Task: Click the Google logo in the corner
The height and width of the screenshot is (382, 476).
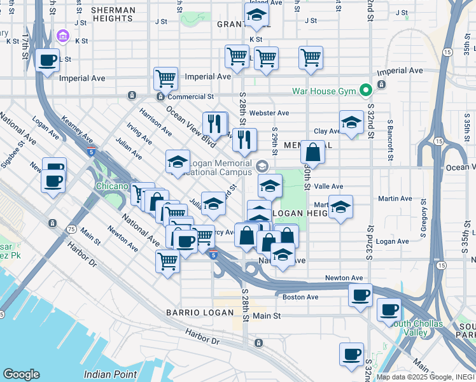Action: pyautogui.click(x=21, y=374)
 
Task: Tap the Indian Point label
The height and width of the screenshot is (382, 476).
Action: pyautogui.click(x=112, y=373)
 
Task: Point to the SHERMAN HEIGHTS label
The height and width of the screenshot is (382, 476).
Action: pyautogui.click(x=113, y=15)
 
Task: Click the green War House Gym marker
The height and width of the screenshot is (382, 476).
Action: pyautogui.click(x=366, y=91)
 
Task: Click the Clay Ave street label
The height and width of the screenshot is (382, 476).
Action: pyautogui.click(x=327, y=131)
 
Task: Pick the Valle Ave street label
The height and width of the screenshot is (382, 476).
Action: pyautogui.click(x=329, y=186)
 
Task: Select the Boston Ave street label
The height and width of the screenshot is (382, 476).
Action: pyautogui.click(x=300, y=297)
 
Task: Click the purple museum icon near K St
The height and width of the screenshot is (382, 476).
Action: pyautogui.click(x=62, y=36)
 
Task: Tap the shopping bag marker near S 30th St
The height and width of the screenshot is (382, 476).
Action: pyautogui.click(x=312, y=153)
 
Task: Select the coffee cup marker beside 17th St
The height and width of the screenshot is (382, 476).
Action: pyautogui.click(x=48, y=60)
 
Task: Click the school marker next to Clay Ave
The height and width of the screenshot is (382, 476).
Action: pyautogui.click(x=351, y=123)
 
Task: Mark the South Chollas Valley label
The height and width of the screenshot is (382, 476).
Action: pyautogui.click(x=417, y=328)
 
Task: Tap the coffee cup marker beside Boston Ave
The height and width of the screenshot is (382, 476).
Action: pyautogui.click(x=361, y=295)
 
